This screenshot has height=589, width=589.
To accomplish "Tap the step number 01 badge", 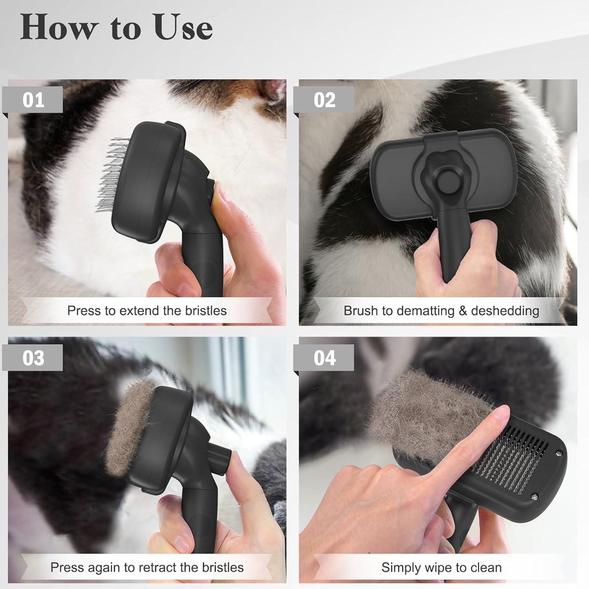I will (33, 100).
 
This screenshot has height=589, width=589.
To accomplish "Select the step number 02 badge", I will (324, 100).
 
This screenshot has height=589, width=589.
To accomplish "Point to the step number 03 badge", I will (33, 358).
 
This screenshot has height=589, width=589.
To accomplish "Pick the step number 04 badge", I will (324, 358).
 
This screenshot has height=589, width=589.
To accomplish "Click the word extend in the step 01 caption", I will (140, 311).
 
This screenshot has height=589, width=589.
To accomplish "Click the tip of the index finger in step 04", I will (501, 412).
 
